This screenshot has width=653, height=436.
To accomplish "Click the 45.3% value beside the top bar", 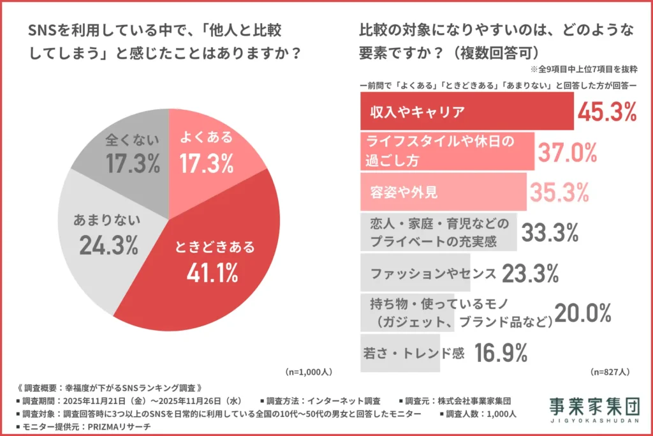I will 606,112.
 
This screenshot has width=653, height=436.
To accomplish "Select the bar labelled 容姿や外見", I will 443,192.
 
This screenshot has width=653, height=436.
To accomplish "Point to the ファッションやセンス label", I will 433,273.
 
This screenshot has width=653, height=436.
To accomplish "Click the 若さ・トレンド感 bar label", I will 413,352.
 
